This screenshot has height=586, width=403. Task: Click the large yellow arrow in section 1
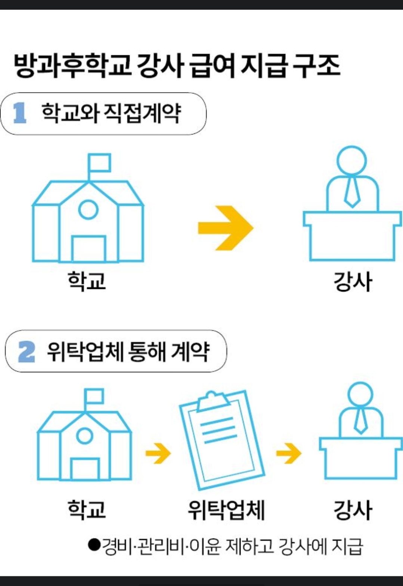click(x=226, y=228)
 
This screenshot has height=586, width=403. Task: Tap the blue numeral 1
click(x=20, y=113)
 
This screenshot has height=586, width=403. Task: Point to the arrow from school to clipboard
click(x=158, y=453)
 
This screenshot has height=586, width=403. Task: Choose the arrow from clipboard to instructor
click(x=289, y=453)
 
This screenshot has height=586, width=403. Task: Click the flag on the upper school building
click(x=99, y=163)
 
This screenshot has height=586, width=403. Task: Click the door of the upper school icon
click(x=89, y=249)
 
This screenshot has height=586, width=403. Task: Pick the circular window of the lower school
click(x=85, y=436)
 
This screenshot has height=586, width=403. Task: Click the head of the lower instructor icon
click(x=360, y=395)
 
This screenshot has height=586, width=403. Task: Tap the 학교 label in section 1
click(x=87, y=281)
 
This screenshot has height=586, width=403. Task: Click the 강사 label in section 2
click(x=353, y=510)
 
